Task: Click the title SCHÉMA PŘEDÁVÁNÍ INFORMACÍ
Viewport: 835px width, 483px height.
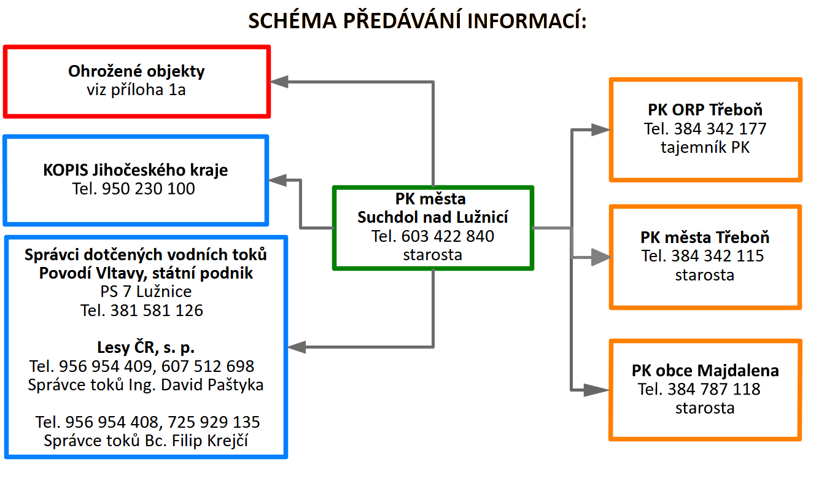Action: pos(417,21)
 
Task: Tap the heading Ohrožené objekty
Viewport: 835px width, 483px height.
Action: pos(136,71)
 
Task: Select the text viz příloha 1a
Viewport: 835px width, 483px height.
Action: pos(136,90)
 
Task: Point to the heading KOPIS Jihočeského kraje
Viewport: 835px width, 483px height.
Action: pos(136,170)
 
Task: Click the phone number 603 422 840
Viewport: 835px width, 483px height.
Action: pos(448,236)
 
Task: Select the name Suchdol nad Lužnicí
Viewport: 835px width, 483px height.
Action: pos(433,217)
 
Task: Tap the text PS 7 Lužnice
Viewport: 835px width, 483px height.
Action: pos(146,292)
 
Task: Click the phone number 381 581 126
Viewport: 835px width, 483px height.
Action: pos(157,311)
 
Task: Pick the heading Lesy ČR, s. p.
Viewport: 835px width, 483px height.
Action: pos(146,348)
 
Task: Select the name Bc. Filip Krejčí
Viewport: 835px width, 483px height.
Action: pos(205,441)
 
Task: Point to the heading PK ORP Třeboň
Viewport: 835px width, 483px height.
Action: pos(705,110)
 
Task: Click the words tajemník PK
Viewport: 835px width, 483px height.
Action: pos(705,147)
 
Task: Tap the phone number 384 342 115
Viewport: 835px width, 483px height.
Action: pos(718,256)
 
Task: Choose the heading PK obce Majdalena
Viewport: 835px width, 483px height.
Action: pos(705,371)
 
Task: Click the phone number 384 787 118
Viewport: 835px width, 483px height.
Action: pos(714,389)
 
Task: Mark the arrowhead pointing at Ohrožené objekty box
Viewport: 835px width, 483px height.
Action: pos(280,81)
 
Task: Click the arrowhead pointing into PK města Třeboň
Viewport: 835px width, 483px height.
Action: pos(599,258)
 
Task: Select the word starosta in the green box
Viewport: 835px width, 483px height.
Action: pos(432,255)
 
